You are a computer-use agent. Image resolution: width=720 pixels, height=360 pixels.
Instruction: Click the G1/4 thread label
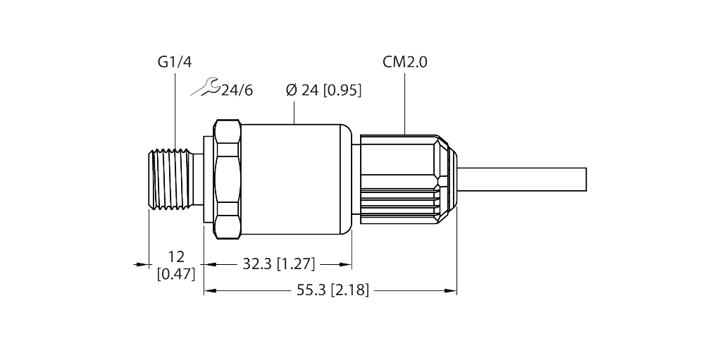pos(173,63)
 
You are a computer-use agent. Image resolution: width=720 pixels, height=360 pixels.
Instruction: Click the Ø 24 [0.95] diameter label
pos(323,90)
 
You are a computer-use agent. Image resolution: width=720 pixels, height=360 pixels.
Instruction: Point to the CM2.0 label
pos(405,63)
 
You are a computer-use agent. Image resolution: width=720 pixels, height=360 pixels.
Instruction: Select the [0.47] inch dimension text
pos(175,273)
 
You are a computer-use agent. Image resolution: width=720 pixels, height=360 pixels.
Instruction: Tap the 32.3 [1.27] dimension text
pos(278,264)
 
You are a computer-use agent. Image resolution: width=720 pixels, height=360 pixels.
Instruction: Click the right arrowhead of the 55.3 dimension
pos(453,290)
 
